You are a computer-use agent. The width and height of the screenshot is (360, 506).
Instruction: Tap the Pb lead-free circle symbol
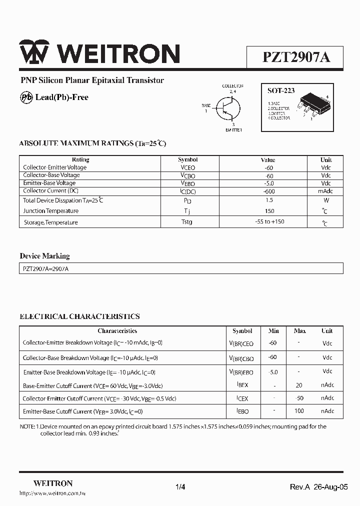[x=26, y=97]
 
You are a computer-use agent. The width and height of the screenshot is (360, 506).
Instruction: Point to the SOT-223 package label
[x=280, y=91]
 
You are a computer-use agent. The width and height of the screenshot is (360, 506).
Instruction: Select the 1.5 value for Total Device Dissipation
[x=269, y=200]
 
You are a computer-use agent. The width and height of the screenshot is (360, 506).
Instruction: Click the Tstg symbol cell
[x=186, y=221]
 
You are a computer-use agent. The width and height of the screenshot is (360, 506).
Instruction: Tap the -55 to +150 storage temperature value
[x=269, y=221]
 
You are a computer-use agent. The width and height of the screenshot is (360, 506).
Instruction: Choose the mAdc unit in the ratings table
[x=325, y=191]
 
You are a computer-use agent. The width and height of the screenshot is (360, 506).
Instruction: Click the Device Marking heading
[x=44, y=256]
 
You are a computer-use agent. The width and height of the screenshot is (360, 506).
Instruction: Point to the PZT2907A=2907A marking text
[x=45, y=268]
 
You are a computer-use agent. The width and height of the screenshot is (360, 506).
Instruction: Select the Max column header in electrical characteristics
[x=299, y=331]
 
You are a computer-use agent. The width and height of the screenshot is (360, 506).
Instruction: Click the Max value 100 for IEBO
[x=299, y=410]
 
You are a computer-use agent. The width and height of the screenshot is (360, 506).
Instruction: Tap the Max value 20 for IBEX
[x=299, y=385]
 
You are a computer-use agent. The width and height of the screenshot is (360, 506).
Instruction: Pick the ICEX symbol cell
[x=242, y=398]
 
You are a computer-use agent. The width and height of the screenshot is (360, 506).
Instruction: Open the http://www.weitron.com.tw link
[x=52, y=493]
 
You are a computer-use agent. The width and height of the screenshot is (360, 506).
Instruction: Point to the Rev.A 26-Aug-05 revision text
[x=318, y=487]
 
